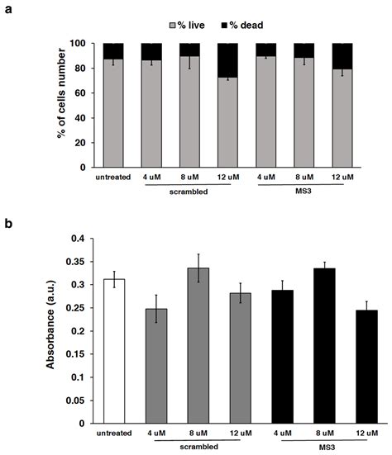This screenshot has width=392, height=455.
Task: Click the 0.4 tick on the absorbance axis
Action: coord(79,239)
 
